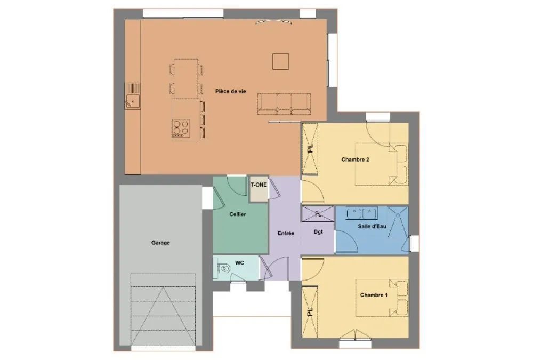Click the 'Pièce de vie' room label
pos(230,91)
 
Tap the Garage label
pos(160,243)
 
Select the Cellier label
pos(238,214)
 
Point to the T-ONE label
pos(259,185)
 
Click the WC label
pos(240,263)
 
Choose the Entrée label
pos(286,233)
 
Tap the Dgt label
pos(318,231)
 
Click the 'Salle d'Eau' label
pos(372,226)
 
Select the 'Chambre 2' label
pos(355,159)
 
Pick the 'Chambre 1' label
pos(374,295)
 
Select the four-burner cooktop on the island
pos(181,127)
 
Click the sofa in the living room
pos(284,104)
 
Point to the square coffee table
pos(280,61)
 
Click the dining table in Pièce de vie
pos(186,78)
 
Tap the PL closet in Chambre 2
pos(310,149)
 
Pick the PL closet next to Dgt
pos(318,214)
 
